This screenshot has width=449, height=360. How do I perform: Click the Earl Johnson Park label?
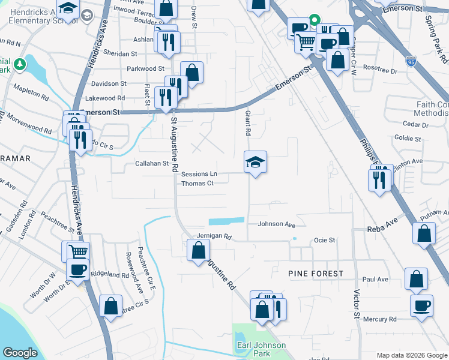click(x=260, y=350)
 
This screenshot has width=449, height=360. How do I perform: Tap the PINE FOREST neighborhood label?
click(x=316, y=274)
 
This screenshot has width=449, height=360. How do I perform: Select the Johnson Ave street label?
click(x=277, y=224)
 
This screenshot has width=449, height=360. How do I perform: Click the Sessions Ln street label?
click(x=199, y=174)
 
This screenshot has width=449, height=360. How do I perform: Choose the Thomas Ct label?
click(x=197, y=184)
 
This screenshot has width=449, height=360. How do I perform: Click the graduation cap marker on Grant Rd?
click(x=255, y=162)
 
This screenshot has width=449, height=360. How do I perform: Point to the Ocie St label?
click(x=324, y=240)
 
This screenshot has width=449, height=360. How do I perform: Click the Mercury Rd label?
click(x=379, y=319)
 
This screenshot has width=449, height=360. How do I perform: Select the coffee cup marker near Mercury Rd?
click(x=421, y=305)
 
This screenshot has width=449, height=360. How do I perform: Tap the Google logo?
click(x=20, y=353)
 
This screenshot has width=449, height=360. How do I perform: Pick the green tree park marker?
click(x=20, y=64)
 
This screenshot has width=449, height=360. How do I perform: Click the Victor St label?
click(x=357, y=305)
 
